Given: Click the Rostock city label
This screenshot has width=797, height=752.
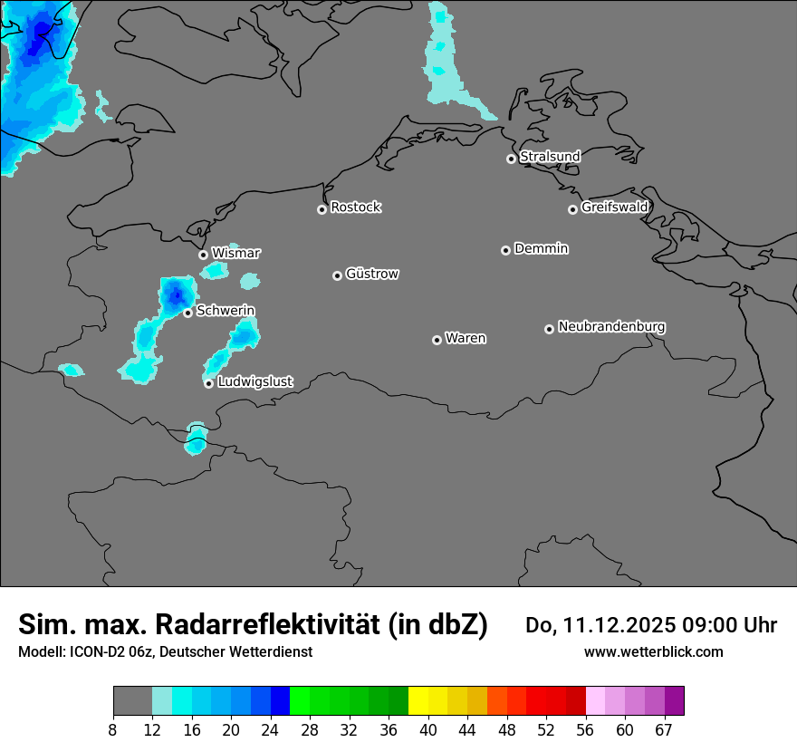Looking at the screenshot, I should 356,207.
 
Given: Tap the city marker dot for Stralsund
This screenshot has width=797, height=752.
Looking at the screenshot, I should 512,159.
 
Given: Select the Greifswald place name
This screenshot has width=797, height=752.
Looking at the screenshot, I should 615,207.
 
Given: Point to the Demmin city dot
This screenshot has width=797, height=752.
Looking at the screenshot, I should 506,250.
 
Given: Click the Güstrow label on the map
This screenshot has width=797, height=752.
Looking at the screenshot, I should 372,274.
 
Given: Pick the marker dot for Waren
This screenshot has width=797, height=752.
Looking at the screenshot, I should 437,340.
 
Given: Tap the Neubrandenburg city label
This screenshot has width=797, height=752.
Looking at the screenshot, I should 612,327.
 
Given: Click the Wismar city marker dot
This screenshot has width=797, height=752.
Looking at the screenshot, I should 204,255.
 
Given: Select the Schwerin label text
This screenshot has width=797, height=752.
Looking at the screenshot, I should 226,311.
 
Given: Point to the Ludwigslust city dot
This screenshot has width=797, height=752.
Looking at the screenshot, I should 209,383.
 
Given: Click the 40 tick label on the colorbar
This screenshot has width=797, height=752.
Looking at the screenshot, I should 428,729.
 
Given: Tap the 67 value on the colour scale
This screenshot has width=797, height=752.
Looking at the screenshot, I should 664,729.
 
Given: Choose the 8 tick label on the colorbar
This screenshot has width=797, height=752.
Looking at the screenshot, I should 113,729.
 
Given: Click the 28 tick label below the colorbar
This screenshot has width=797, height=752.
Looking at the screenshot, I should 309,729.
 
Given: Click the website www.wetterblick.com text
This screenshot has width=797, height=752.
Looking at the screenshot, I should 654,652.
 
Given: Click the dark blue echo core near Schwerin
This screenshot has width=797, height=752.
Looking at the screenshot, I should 177,293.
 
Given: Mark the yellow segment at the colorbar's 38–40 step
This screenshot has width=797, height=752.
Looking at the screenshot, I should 418,701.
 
